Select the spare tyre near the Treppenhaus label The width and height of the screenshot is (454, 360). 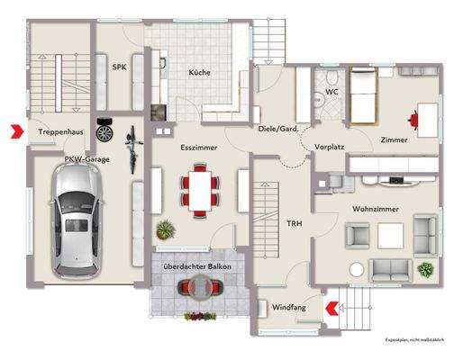(x=104, y=132)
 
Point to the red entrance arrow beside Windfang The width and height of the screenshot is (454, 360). (x=331, y=308)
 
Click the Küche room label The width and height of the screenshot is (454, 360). (x=200, y=72)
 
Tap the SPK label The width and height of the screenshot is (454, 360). (x=119, y=67)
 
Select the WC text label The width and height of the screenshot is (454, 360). (x=332, y=91)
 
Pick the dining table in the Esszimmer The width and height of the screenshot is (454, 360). (x=200, y=189)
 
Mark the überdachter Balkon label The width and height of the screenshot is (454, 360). (x=196, y=267)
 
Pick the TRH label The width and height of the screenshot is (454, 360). (x=294, y=223)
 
